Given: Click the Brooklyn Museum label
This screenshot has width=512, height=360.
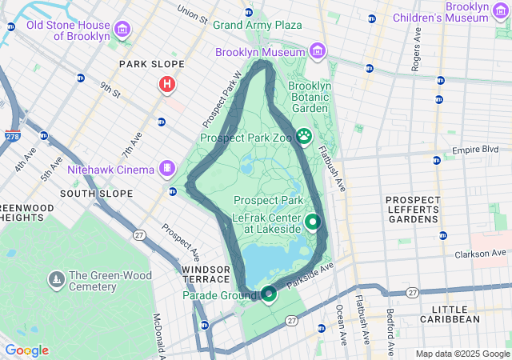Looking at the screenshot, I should (261, 52).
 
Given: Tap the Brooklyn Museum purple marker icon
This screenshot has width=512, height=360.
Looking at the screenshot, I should (318, 52).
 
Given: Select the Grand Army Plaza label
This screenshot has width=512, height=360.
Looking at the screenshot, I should (257, 25).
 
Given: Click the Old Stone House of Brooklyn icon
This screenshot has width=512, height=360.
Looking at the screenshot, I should (122, 31).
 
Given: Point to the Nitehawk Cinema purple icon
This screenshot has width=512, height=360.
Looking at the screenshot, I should (166, 169).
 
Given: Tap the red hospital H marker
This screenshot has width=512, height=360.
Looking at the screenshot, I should (167, 83).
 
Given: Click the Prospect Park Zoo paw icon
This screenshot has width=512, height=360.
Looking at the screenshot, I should (304, 138).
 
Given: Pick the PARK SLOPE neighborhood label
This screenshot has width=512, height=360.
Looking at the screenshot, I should (151, 64).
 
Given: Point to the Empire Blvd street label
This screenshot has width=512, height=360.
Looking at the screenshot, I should (475, 150).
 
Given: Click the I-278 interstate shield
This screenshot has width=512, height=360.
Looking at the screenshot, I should (13, 137).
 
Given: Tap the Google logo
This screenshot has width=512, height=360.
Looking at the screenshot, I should (26, 350).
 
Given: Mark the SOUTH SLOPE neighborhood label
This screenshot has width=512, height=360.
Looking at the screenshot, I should (96, 194).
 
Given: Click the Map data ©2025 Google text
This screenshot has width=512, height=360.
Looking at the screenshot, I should (462, 354).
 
